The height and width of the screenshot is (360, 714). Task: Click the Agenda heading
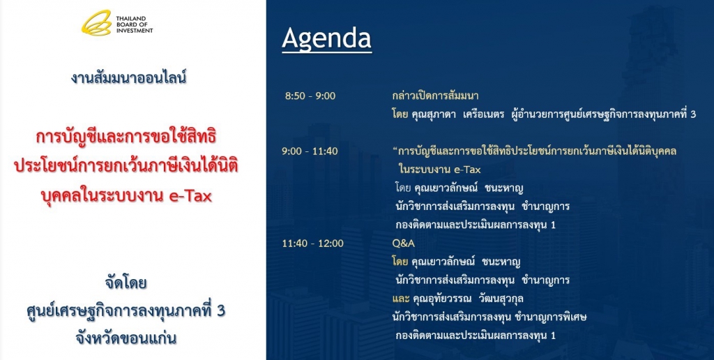pos(326,39)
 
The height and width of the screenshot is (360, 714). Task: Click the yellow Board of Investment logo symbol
pos(96,23)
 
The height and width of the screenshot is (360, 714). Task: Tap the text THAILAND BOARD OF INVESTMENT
pos(135,24)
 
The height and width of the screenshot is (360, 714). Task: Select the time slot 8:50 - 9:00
pos(310,96)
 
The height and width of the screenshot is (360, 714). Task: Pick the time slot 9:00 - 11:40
pos(310,151)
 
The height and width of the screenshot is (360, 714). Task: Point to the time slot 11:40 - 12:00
pos(312,243)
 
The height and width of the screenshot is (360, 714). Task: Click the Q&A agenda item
pos(404,243)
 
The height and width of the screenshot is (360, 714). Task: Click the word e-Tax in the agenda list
pos(467,170)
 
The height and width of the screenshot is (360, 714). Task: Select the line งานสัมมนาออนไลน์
pos(128,78)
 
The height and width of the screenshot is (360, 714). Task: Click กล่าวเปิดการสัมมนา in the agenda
pos(435,96)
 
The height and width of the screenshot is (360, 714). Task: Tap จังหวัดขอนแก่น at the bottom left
pos(126,338)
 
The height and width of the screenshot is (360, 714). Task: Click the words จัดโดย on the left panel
pos(126,283)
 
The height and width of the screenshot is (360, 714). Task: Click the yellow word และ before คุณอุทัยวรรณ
pos(401,299)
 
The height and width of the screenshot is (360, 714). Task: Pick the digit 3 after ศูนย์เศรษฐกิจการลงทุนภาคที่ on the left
pos(220,310)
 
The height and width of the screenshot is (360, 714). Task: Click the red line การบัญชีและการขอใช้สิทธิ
pos(126,137)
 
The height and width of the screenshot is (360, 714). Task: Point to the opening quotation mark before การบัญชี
pos(395,149)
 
